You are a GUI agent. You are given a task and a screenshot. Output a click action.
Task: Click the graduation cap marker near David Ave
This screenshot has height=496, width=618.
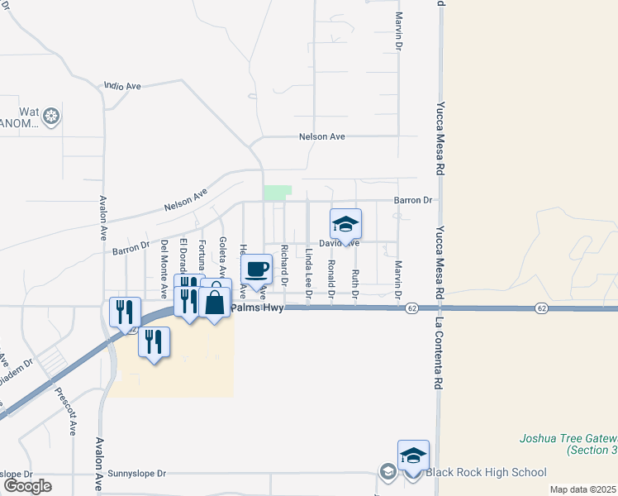345,224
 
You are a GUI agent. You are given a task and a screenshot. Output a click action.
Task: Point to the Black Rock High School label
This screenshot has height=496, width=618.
486,473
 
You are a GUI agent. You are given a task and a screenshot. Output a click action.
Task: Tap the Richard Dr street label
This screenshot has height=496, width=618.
284,265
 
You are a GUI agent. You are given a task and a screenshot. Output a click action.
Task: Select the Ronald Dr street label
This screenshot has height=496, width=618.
331,279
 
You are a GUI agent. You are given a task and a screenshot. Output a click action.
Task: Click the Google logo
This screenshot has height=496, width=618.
27,486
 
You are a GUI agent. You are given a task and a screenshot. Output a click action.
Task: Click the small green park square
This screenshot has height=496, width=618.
278,192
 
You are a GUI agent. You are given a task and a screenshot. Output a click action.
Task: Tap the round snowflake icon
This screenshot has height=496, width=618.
52,117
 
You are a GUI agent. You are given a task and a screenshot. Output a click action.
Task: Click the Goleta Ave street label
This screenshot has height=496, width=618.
222,256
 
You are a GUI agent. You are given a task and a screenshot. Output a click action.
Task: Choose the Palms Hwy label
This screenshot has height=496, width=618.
257,308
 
